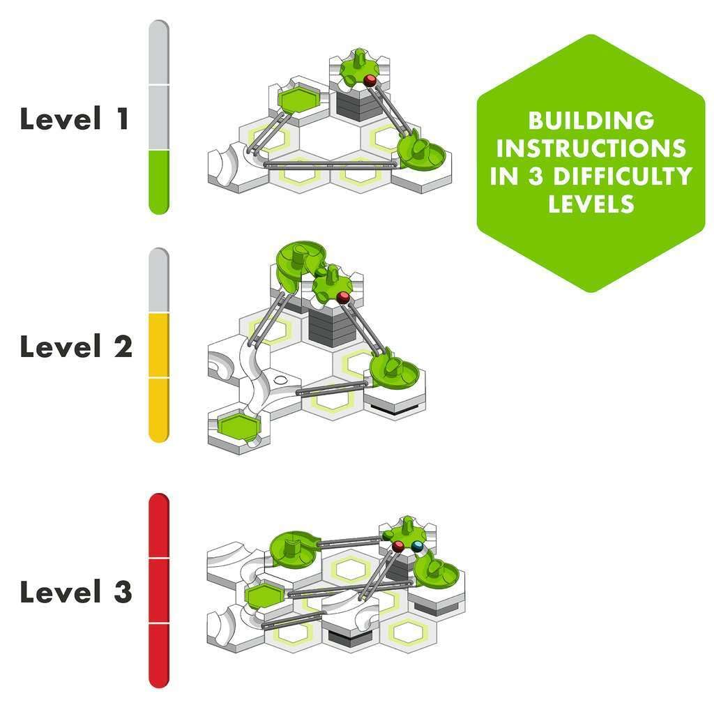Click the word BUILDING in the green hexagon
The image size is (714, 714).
pos(591,121)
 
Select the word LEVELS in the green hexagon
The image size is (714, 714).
pos(591,204)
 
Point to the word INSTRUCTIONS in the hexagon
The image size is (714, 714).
pos(591,149)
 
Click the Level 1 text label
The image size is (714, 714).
pos(75,119)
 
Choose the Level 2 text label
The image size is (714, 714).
pos(76,347)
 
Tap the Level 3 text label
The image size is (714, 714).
pos(76,593)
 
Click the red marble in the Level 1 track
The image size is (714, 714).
pos(370,81)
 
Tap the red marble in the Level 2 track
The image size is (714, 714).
pos(342,298)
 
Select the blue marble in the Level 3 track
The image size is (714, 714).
pos(417,546)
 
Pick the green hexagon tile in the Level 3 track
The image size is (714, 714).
pos(264,595)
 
